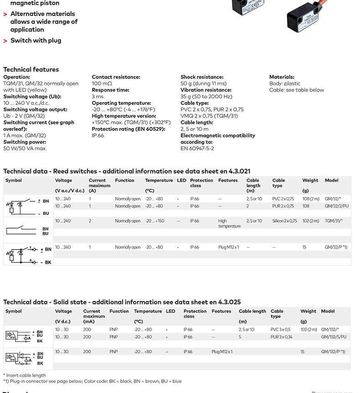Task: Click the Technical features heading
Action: pyautogui.click(x=31, y=70)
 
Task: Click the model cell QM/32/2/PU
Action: pyautogui.click(x=336, y=206)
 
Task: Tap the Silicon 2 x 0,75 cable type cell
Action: pyautogui.click(x=284, y=221)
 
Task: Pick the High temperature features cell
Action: pyautogui.click(x=229, y=224)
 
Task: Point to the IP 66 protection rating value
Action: pyautogui.click(x=98, y=136)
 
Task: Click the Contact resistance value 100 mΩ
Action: pyautogui.click(x=102, y=84)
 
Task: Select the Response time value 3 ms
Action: pyautogui.click(x=98, y=97)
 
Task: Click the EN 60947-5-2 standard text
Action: pyautogui.click(x=197, y=148)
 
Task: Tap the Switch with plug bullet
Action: pyautogui.click(x=36, y=41)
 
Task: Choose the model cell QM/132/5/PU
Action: pyautogui.click(x=334, y=337)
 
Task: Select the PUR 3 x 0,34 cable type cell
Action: pyautogui.click(x=283, y=337)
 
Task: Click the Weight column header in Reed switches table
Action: pyautogui.click(x=310, y=180)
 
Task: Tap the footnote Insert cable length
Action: pyautogui.click(x=25, y=376)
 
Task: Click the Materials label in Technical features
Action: pyautogui.click(x=282, y=77)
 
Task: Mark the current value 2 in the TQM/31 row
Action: pyautogui.click(x=90, y=221)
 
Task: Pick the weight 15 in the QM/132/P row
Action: pyautogui.click(x=303, y=352)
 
